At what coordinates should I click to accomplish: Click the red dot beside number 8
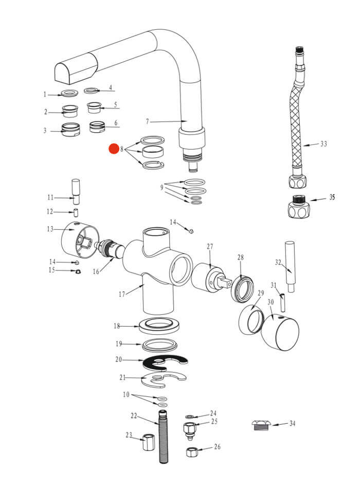(x=114, y=149)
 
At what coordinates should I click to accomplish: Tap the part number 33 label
(x=323, y=144)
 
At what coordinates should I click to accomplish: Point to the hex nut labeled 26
(x=192, y=452)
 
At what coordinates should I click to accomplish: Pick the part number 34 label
(x=292, y=424)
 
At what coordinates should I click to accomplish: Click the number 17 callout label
(x=122, y=295)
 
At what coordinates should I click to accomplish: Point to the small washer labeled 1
(x=69, y=94)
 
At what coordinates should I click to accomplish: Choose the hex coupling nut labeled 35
(x=299, y=207)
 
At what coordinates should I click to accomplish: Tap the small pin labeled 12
(x=76, y=212)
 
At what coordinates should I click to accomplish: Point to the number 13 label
(x=50, y=228)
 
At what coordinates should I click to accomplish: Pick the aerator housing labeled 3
(x=69, y=129)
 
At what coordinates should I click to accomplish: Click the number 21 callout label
(x=122, y=378)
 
